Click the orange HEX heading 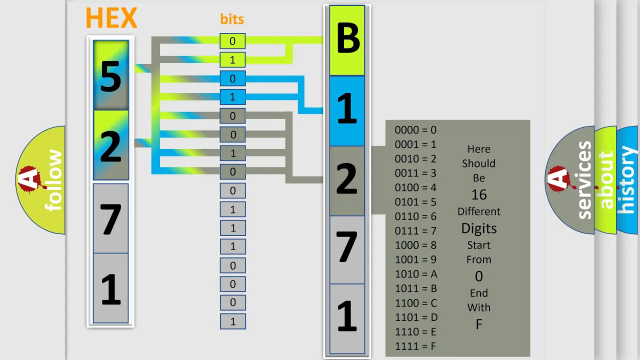[x=111, y=18]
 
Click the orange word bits [x=232, y=19]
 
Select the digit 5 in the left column [x=111, y=77]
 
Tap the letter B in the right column [x=347, y=38]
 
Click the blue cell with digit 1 [x=347, y=111]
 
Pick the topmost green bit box [x=232, y=41]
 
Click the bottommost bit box [x=233, y=321]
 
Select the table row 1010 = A [x=416, y=274]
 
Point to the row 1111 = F [x=415, y=346]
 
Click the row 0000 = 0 [x=415, y=130]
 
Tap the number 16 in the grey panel [x=479, y=195]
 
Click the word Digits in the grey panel [x=479, y=228]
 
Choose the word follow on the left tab [x=53, y=180]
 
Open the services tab [x=584, y=180]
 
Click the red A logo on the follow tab [x=30, y=179]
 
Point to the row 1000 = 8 [x=415, y=245]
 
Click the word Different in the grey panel [x=479, y=211]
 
